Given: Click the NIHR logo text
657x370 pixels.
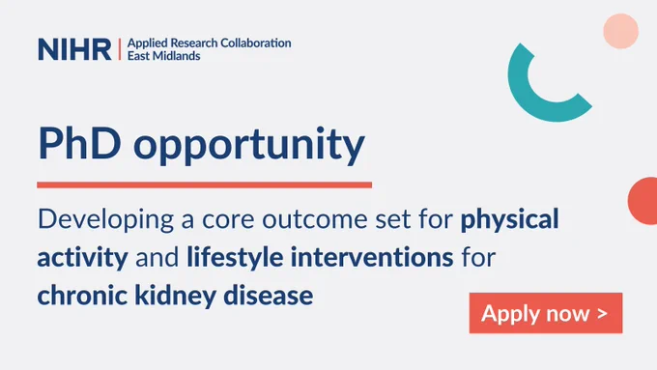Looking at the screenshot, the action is (x=74, y=49).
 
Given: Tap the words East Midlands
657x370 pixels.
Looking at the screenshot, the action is (x=164, y=56).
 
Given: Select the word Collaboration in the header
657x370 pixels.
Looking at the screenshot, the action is (x=256, y=43).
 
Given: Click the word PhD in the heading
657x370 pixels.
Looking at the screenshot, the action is (x=79, y=143).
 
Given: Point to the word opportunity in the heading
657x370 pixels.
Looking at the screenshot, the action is (x=249, y=147).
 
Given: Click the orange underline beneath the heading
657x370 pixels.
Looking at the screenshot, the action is (x=205, y=185).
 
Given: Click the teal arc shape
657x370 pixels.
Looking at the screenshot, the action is (x=528, y=104).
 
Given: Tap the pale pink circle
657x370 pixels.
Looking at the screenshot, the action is (x=621, y=31).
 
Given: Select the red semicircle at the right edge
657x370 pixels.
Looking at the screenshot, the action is (x=643, y=201).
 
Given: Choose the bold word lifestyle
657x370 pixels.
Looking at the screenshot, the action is (x=235, y=258).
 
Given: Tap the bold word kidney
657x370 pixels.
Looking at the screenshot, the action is (x=175, y=297).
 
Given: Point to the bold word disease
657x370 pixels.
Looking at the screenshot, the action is (x=269, y=295).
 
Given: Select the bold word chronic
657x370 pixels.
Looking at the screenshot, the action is (x=82, y=295).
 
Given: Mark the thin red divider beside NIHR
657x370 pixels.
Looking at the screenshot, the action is (x=120, y=49).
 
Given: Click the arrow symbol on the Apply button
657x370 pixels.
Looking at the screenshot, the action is (x=603, y=314).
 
